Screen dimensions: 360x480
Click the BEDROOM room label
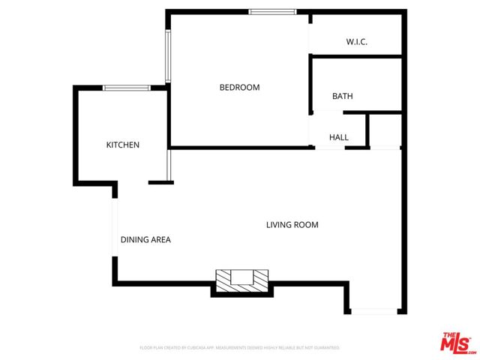[239, 88]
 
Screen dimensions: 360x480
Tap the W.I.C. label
[356, 42]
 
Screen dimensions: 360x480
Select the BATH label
[343, 97]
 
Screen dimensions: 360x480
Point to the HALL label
[339, 137]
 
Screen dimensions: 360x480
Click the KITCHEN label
[122, 145]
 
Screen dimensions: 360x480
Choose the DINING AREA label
[145, 240]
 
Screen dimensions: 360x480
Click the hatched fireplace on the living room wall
[241, 280]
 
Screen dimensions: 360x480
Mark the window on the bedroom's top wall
[272, 11]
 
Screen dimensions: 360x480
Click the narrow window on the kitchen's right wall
[170, 166]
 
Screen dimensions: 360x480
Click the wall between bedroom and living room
[240, 147]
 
